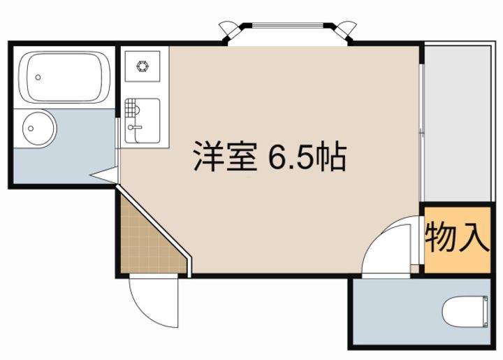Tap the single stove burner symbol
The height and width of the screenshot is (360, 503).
coord(145,68)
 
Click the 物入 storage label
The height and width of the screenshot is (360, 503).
coord(457,238)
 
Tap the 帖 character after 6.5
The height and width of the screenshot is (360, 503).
coord(330,158)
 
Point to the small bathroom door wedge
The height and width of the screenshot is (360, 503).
coord(104,175)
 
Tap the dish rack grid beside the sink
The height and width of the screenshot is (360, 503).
coord(132,110)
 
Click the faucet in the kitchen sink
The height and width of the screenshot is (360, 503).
coord(135,128)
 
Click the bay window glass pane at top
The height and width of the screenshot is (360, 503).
coord(288,27)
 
